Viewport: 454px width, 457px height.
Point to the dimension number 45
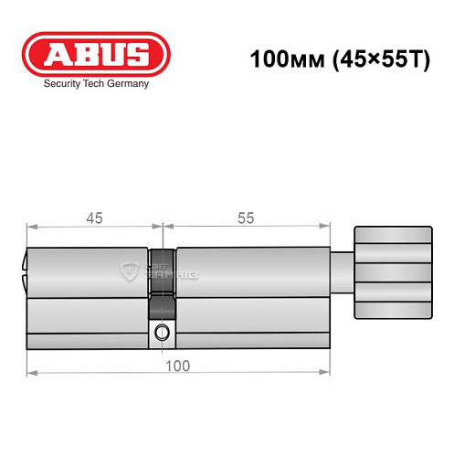point(94,218)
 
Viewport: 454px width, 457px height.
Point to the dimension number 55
point(244,218)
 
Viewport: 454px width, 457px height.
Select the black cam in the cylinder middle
point(162,274)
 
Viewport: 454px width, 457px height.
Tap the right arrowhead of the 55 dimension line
point(324,225)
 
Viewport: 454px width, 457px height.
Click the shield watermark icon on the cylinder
point(129,270)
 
